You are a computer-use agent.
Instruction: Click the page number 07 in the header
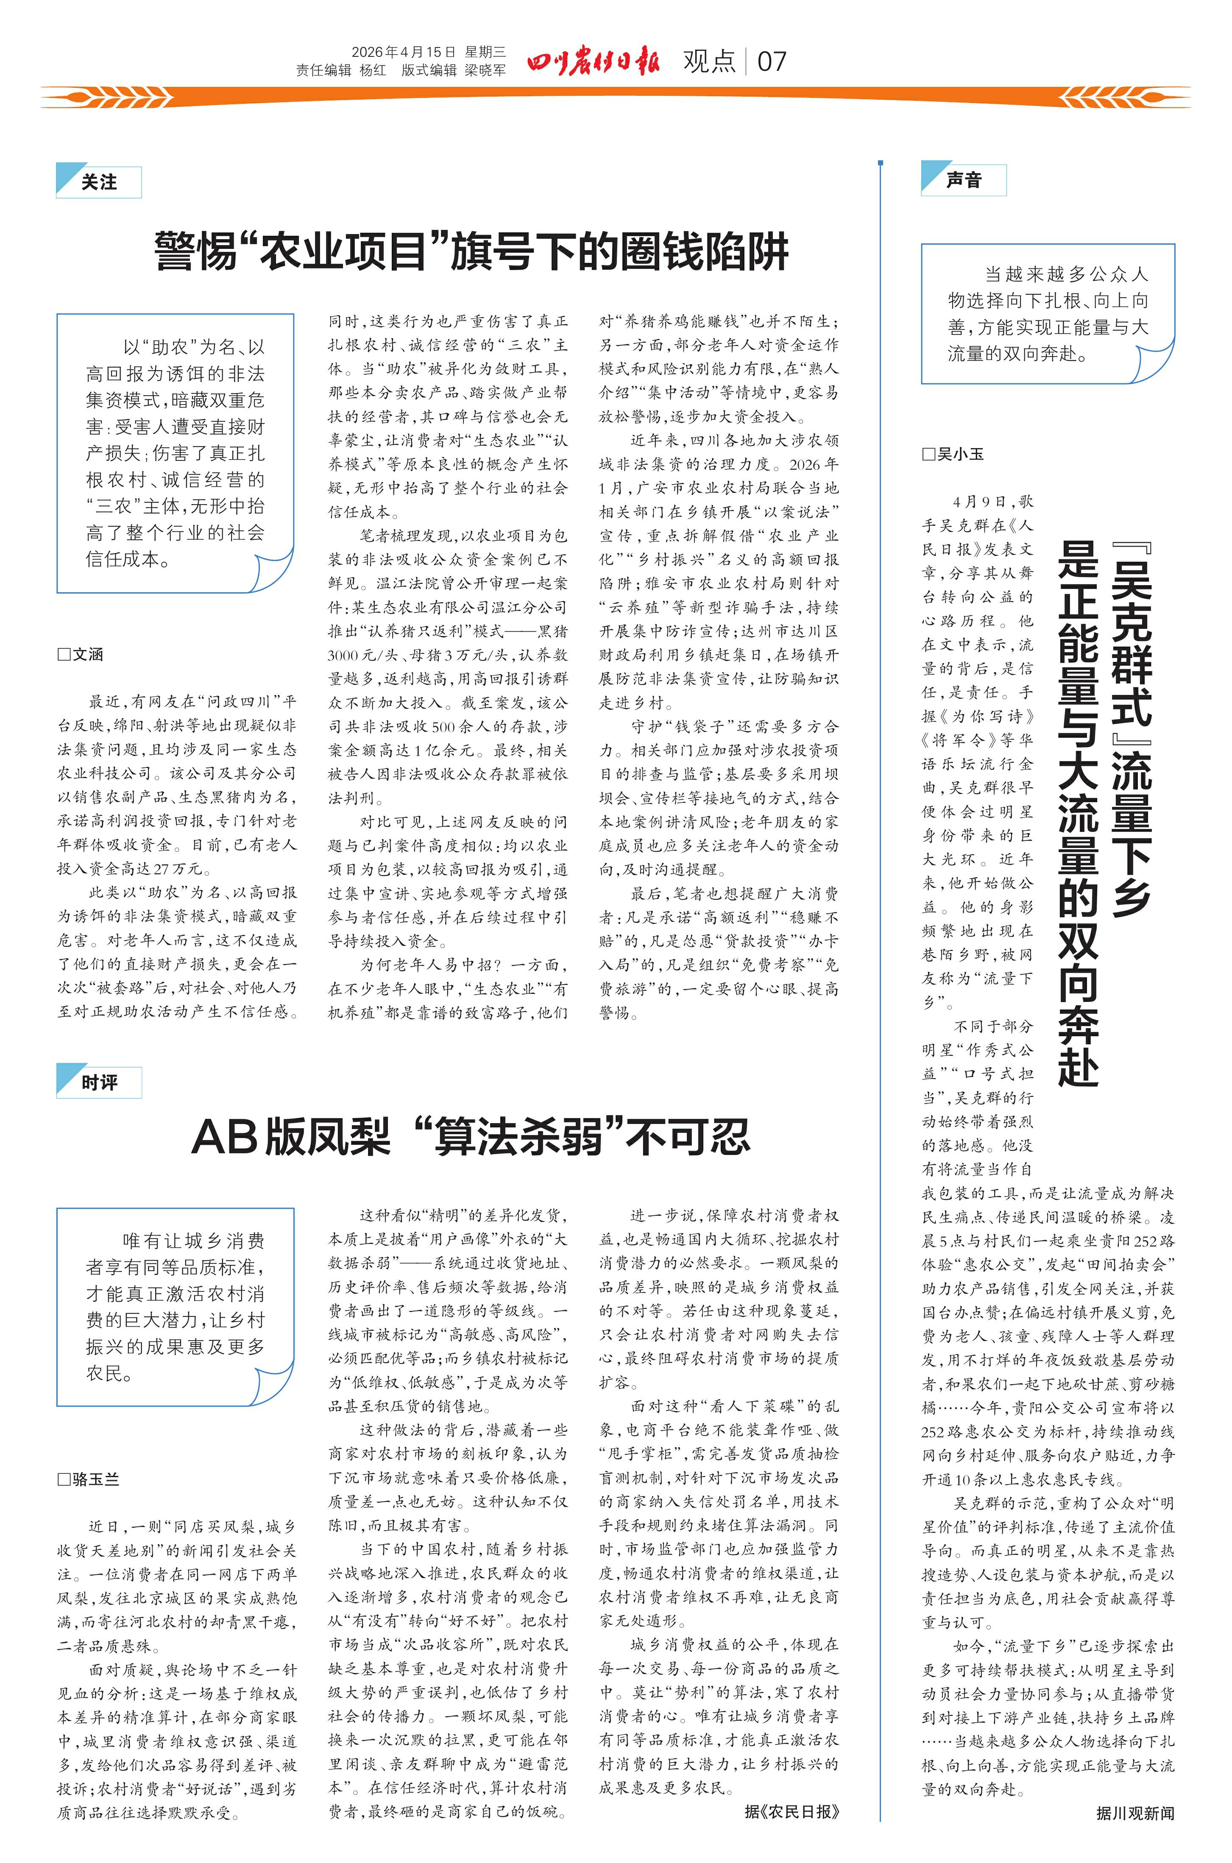772,61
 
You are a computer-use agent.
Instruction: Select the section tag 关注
99,182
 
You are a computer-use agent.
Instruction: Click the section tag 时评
99,1083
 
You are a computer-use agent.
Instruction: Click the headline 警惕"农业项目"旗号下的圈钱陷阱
471,251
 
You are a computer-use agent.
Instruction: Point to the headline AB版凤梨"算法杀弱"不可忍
471,1136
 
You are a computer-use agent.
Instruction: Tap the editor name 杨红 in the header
372,70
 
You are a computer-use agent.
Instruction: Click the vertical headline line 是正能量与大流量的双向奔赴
1078,813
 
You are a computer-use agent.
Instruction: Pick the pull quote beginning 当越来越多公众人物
1047,313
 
